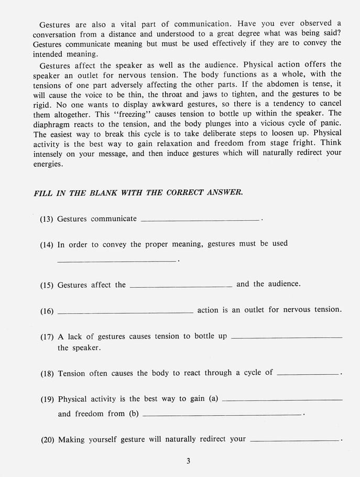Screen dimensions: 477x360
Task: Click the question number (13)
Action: point(47,219)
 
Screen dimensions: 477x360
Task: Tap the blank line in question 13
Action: point(200,220)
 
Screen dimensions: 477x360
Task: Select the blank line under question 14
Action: point(116,260)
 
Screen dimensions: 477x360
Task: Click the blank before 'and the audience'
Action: point(181,286)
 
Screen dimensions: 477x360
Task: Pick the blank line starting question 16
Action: point(125,312)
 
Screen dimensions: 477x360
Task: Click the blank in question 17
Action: point(286,338)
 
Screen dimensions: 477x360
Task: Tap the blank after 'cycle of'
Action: point(308,374)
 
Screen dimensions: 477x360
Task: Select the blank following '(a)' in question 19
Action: point(282,400)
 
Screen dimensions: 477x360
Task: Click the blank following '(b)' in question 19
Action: point(222,415)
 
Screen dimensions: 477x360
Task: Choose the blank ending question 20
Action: point(295,441)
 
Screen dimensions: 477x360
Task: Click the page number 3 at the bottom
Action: point(188,461)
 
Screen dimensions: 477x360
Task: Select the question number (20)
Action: point(48,440)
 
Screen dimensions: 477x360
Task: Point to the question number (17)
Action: point(47,337)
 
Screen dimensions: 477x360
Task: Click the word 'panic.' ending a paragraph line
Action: point(329,123)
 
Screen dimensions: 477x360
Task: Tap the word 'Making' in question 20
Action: point(71,440)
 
